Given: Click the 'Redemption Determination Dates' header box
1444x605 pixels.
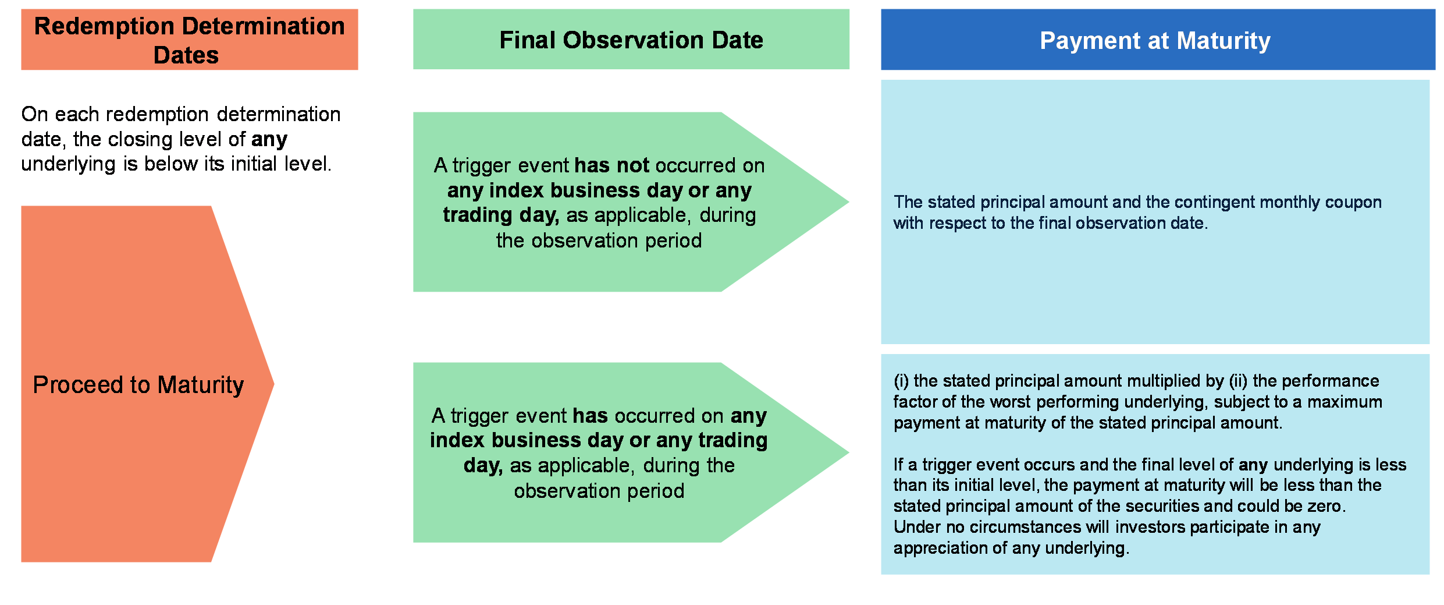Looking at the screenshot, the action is [190, 40].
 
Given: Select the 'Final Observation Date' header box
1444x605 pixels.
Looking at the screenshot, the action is [631, 39].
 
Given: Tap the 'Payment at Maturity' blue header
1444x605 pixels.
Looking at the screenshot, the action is [1158, 40].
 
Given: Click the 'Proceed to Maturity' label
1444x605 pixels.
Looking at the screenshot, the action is [138, 385].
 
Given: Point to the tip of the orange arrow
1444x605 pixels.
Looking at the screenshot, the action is [273, 384].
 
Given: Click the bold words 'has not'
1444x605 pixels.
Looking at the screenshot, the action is [611, 165].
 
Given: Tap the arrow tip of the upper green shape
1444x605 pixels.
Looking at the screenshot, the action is [848, 202].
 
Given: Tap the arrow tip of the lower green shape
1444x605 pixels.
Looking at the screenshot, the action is [848, 452].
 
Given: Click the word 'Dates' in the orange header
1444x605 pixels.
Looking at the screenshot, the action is [186, 55].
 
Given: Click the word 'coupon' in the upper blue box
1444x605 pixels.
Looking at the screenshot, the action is [1353, 203].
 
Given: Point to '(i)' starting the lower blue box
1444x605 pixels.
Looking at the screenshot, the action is [901, 381].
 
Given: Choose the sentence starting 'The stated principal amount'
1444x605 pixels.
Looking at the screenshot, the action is [1137, 213].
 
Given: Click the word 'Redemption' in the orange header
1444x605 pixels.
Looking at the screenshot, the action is [104, 27].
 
